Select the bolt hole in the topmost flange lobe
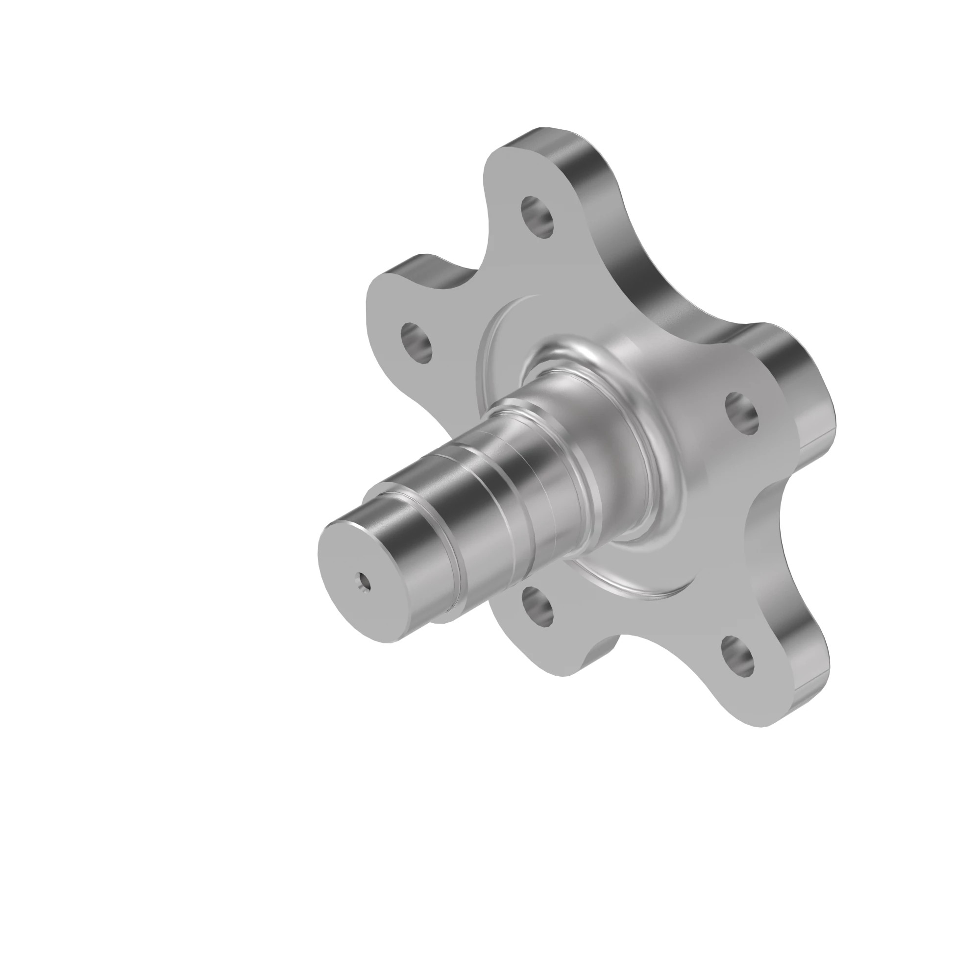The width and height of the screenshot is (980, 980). [537, 217]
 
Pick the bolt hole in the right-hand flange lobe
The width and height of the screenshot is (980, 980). [742, 413]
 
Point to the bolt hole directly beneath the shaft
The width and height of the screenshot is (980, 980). [537, 607]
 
